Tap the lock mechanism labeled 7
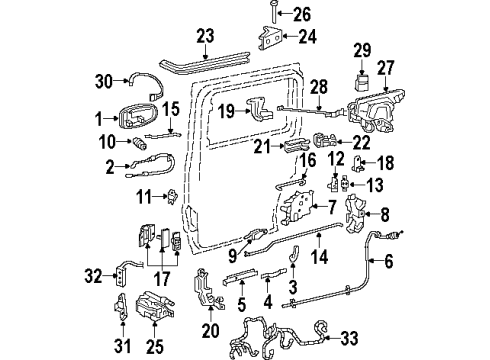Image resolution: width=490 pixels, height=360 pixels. click(x=300, y=208)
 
